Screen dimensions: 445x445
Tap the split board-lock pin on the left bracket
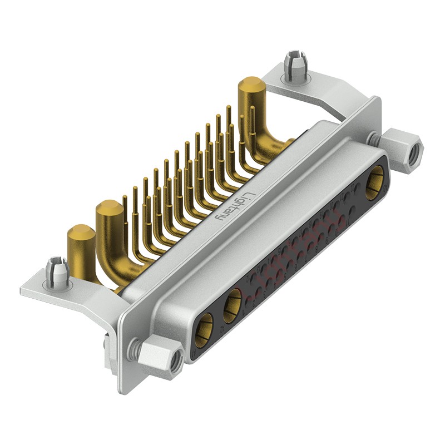[x=57, y=271]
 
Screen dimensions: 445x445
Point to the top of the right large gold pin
[x=251, y=85]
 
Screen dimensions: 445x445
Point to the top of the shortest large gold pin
[x=81, y=233]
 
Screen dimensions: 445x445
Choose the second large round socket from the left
[x=232, y=305]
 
